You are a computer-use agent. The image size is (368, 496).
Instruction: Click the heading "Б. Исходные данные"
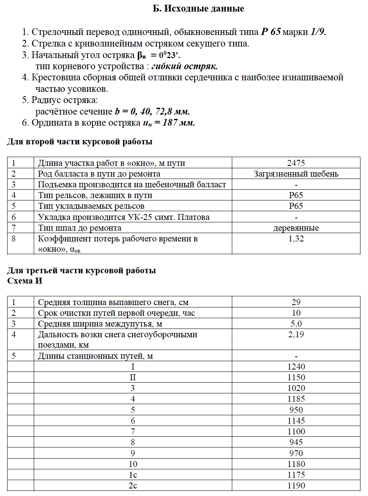(198, 8)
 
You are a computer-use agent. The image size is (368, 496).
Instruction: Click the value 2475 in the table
(296, 163)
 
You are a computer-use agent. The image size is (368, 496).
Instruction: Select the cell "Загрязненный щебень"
(296, 174)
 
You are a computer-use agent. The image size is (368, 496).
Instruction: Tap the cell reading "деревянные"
(296, 228)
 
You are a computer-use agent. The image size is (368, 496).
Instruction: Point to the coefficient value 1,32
(296, 239)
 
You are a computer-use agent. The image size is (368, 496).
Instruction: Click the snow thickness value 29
(296, 302)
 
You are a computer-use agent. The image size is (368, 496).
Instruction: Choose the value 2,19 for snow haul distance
(296, 335)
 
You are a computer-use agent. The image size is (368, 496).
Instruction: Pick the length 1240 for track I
(296, 367)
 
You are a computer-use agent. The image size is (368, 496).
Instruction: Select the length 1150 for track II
(296, 377)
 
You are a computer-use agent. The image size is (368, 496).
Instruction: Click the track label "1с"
(133, 475)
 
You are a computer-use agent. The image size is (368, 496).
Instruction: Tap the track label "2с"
(133, 486)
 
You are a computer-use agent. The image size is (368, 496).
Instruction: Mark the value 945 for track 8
(296, 442)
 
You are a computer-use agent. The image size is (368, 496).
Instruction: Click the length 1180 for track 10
(296, 464)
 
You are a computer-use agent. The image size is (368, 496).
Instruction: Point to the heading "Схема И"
(25, 281)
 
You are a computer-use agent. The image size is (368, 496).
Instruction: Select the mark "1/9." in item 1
(318, 32)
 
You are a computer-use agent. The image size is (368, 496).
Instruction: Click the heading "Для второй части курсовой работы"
(79, 142)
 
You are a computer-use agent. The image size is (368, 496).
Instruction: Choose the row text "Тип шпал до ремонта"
(79, 228)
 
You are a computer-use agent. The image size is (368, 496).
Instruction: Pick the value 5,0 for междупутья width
(296, 324)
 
